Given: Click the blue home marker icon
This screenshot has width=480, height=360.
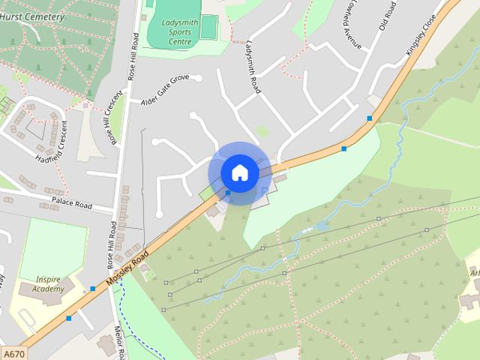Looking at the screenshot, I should (239, 172).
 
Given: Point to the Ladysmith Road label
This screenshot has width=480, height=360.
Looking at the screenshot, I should (252, 67).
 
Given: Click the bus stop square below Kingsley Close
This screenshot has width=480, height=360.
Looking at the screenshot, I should (369, 118).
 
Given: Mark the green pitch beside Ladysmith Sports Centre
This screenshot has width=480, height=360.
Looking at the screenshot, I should (208, 26).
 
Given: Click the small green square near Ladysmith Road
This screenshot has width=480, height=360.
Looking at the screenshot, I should (261, 131).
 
